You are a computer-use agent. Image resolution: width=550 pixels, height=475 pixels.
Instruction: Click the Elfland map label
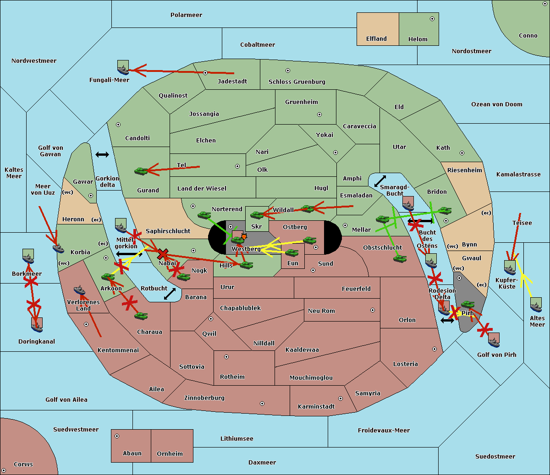coord(376,39)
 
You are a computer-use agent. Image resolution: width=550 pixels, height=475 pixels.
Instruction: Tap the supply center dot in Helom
coord(432,19)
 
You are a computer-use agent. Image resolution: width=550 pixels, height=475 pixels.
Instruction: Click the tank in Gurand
coord(141,171)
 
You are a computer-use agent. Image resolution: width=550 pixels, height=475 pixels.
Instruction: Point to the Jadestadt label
coord(232,82)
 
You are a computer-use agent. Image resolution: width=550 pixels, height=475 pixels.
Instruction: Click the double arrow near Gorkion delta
coord(102,154)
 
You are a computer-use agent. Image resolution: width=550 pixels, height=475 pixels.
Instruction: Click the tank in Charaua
coord(141,316)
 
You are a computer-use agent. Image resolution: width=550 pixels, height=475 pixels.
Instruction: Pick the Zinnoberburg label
coord(204,398)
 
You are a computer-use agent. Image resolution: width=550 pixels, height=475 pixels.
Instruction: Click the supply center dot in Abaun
coord(117,436)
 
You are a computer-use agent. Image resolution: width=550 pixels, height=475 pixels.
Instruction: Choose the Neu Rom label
coord(321,311)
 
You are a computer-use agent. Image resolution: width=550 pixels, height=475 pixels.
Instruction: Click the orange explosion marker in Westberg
coord(244,236)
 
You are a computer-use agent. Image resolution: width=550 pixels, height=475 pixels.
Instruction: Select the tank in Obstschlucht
coord(400,259)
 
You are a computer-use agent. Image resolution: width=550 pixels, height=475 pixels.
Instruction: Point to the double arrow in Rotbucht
coord(170,294)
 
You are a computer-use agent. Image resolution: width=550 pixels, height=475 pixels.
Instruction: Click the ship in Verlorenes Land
coord(79,290)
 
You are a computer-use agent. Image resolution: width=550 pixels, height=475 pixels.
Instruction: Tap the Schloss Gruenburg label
coord(297,82)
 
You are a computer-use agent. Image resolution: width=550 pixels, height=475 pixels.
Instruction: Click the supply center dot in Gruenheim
coord(319,115)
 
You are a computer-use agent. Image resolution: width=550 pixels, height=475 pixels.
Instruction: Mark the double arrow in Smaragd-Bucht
coord(380,181)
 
